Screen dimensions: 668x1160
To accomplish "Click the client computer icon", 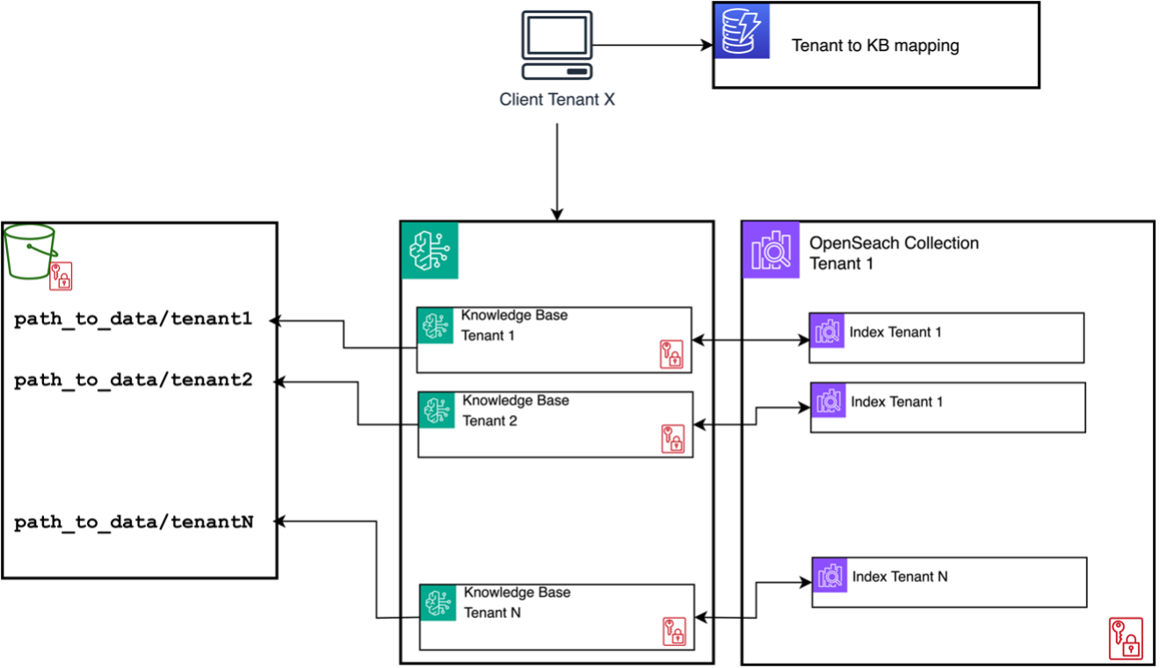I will [557, 47].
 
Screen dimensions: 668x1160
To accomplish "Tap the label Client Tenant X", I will [557, 99].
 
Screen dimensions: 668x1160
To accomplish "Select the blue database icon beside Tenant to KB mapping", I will [741, 31].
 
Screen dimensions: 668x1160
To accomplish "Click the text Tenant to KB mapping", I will [874, 46].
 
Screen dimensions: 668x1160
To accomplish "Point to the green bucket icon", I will [30, 250].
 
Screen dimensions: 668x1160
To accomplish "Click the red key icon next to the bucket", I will [61, 276].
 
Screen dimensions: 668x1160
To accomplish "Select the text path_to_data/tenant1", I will [134, 319].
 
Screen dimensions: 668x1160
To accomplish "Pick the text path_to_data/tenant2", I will [134, 380].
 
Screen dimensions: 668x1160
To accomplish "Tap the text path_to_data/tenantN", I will [134, 521].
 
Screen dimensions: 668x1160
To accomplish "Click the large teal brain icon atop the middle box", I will [430, 250].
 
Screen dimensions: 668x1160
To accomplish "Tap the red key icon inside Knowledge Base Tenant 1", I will [671, 354].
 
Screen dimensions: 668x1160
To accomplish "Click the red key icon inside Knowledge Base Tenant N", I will [673, 632].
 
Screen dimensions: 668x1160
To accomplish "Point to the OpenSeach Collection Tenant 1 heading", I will [894, 253].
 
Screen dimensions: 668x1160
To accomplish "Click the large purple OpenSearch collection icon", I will [771, 250].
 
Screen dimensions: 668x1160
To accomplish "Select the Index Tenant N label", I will [900, 577].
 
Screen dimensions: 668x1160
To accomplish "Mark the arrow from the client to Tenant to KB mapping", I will [650, 45].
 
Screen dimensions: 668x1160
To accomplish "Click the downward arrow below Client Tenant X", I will [557, 171].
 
